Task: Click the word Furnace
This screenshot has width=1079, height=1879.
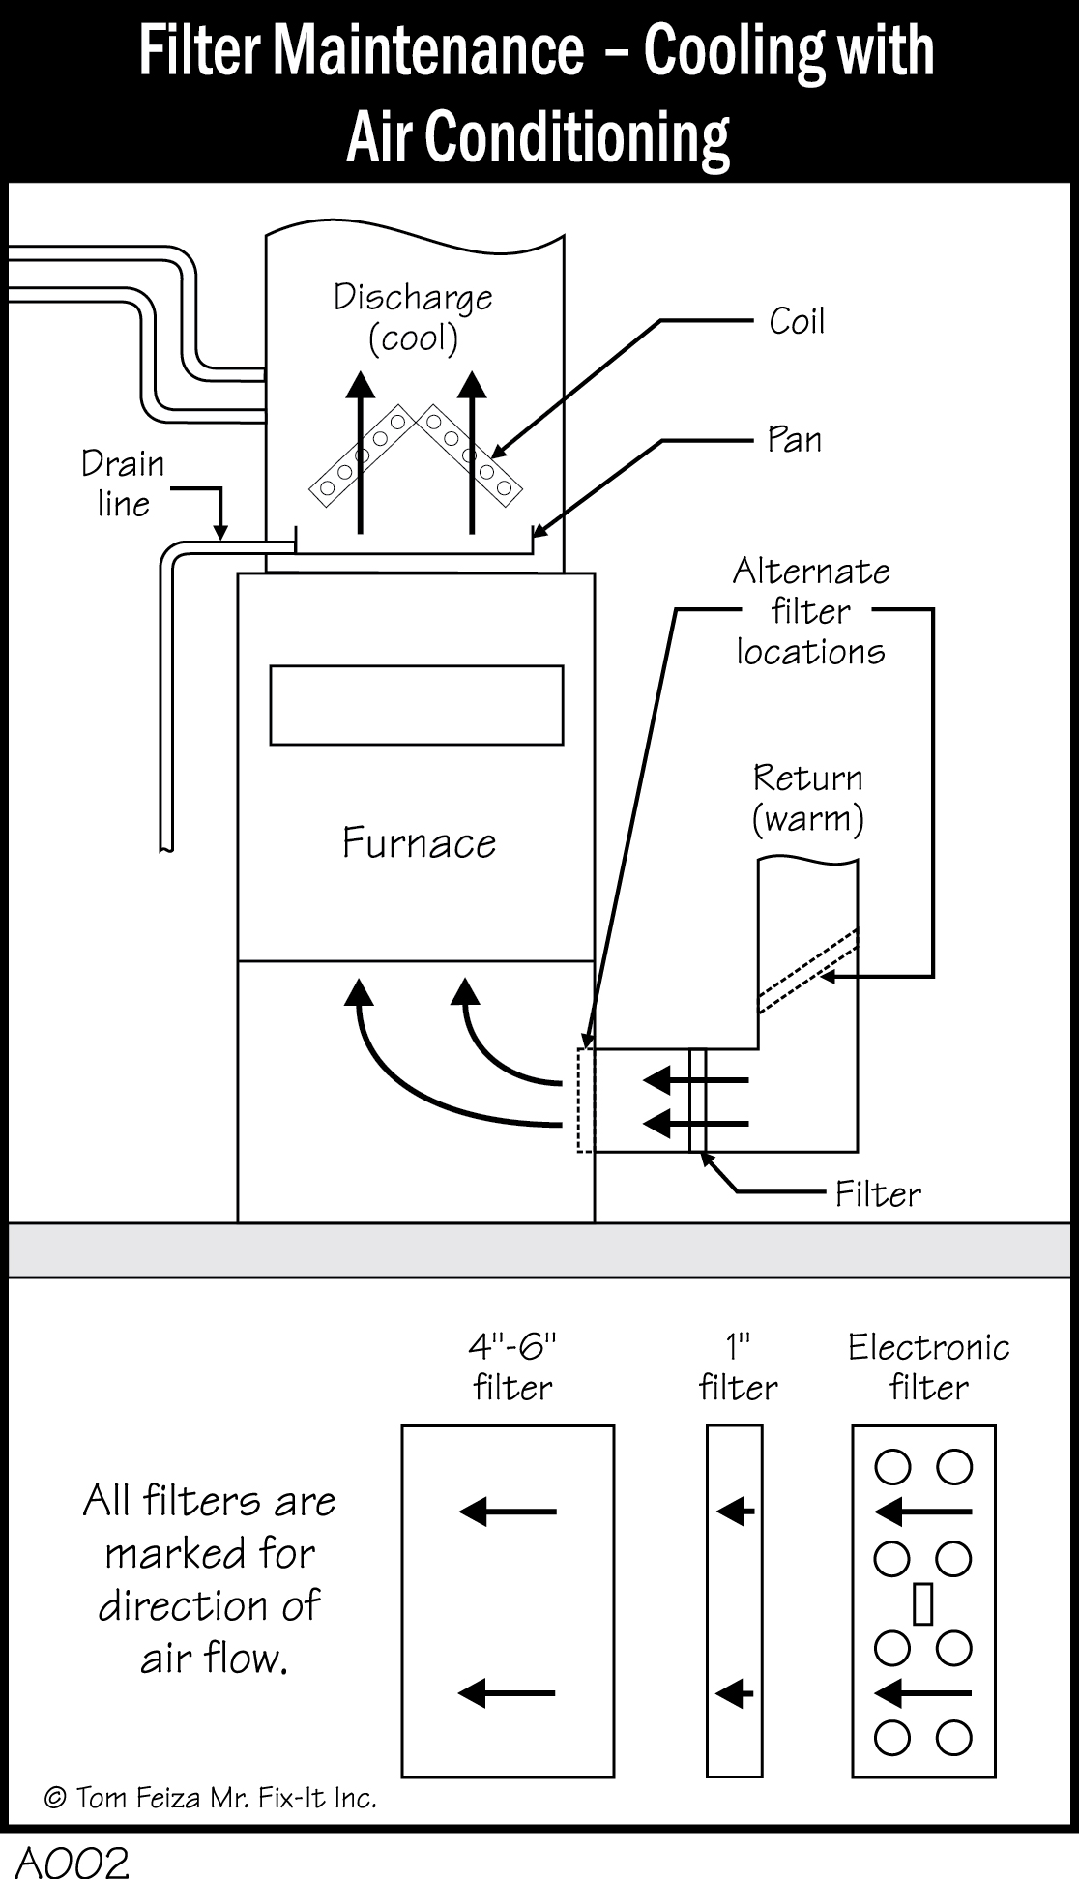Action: tap(419, 843)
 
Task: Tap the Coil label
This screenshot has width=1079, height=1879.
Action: tap(797, 321)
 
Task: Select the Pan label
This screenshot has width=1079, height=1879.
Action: tap(794, 439)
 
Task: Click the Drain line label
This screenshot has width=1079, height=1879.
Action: tap(123, 484)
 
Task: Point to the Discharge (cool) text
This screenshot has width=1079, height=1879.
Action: tap(413, 316)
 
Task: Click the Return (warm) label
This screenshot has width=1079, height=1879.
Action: tap(808, 798)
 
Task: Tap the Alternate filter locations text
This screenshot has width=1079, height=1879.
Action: tap(810, 611)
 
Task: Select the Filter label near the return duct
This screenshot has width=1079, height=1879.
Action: tap(877, 1194)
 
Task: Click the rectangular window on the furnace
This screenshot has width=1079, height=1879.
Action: tap(416, 705)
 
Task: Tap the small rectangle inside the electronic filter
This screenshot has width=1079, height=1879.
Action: tap(922, 1603)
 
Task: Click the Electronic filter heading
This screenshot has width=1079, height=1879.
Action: tap(928, 1366)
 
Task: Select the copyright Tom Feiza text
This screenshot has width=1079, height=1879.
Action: tap(210, 1798)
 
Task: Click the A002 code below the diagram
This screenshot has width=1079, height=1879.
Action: tap(73, 1863)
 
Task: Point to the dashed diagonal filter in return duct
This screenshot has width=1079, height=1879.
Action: tap(806, 971)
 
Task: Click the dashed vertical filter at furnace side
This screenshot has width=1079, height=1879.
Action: tap(586, 1100)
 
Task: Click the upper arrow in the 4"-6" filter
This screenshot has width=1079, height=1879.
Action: tap(508, 1511)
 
